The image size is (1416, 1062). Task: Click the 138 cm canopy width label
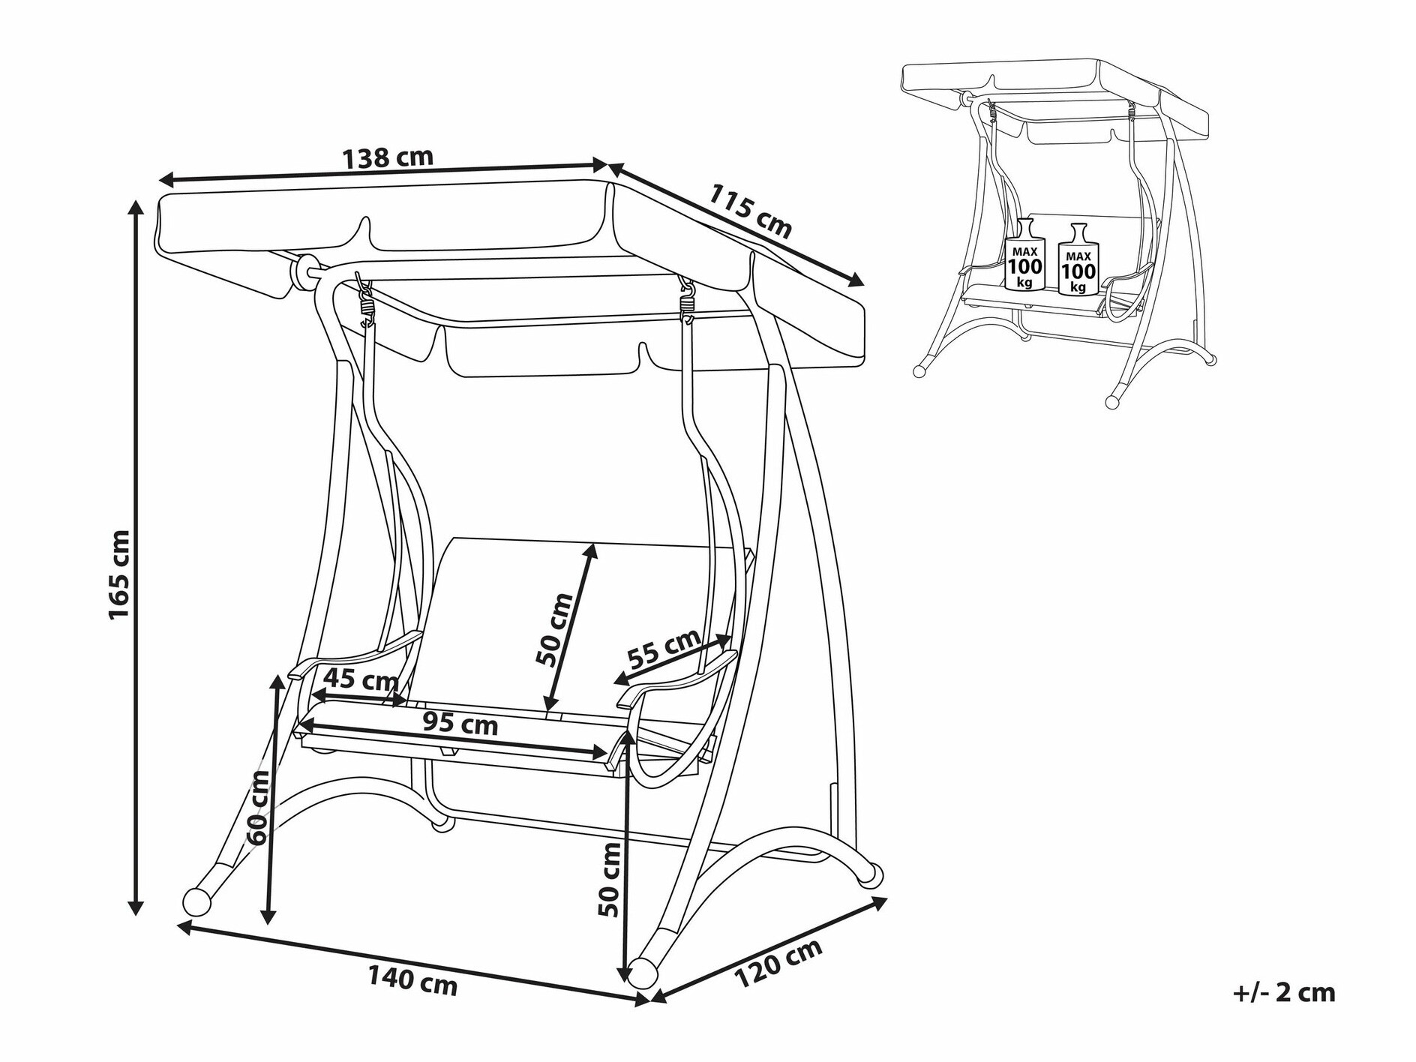pos(388,157)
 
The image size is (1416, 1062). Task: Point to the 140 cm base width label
pos(412,980)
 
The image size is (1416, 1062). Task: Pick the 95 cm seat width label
pos(460,724)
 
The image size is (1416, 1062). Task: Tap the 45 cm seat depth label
pos(361,681)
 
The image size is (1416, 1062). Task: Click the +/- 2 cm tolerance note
pos(1284,993)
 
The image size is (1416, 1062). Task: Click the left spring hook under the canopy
pos(365,299)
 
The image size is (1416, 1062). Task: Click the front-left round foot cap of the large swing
pos(197,901)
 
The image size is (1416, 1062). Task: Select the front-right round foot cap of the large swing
pos(643,972)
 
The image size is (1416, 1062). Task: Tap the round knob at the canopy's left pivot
pos(305,271)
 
